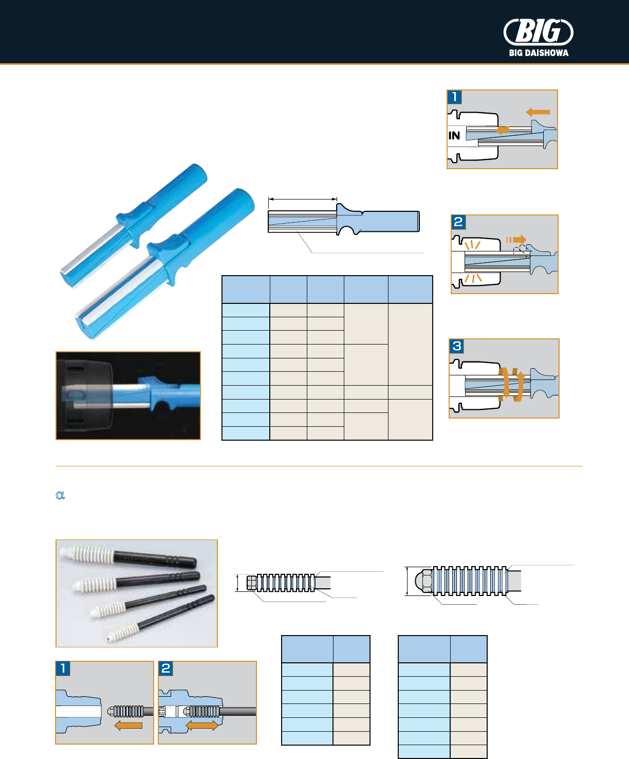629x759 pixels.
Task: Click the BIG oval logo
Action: (538, 32)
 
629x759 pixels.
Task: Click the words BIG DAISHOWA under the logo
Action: (539, 52)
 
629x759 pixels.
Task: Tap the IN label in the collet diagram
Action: (454, 136)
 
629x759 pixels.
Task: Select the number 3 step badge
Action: (457, 346)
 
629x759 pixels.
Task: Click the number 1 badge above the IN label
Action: (455, 97)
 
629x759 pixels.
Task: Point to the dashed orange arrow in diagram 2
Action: (517, 240)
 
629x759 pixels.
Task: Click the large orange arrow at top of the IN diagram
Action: (538, 112)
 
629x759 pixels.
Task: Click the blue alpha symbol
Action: (60, 495)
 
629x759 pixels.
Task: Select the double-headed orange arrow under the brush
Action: (202, 726)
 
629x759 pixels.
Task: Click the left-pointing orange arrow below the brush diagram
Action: (128, 726)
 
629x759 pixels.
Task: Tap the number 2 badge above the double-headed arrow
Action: (165, 668)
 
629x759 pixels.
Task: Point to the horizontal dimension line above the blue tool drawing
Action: (303, 198)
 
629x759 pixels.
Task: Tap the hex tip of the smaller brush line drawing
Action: (252, 583)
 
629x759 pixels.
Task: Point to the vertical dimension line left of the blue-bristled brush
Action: (407, 581)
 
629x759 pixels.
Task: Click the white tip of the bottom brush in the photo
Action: (110, 638)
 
